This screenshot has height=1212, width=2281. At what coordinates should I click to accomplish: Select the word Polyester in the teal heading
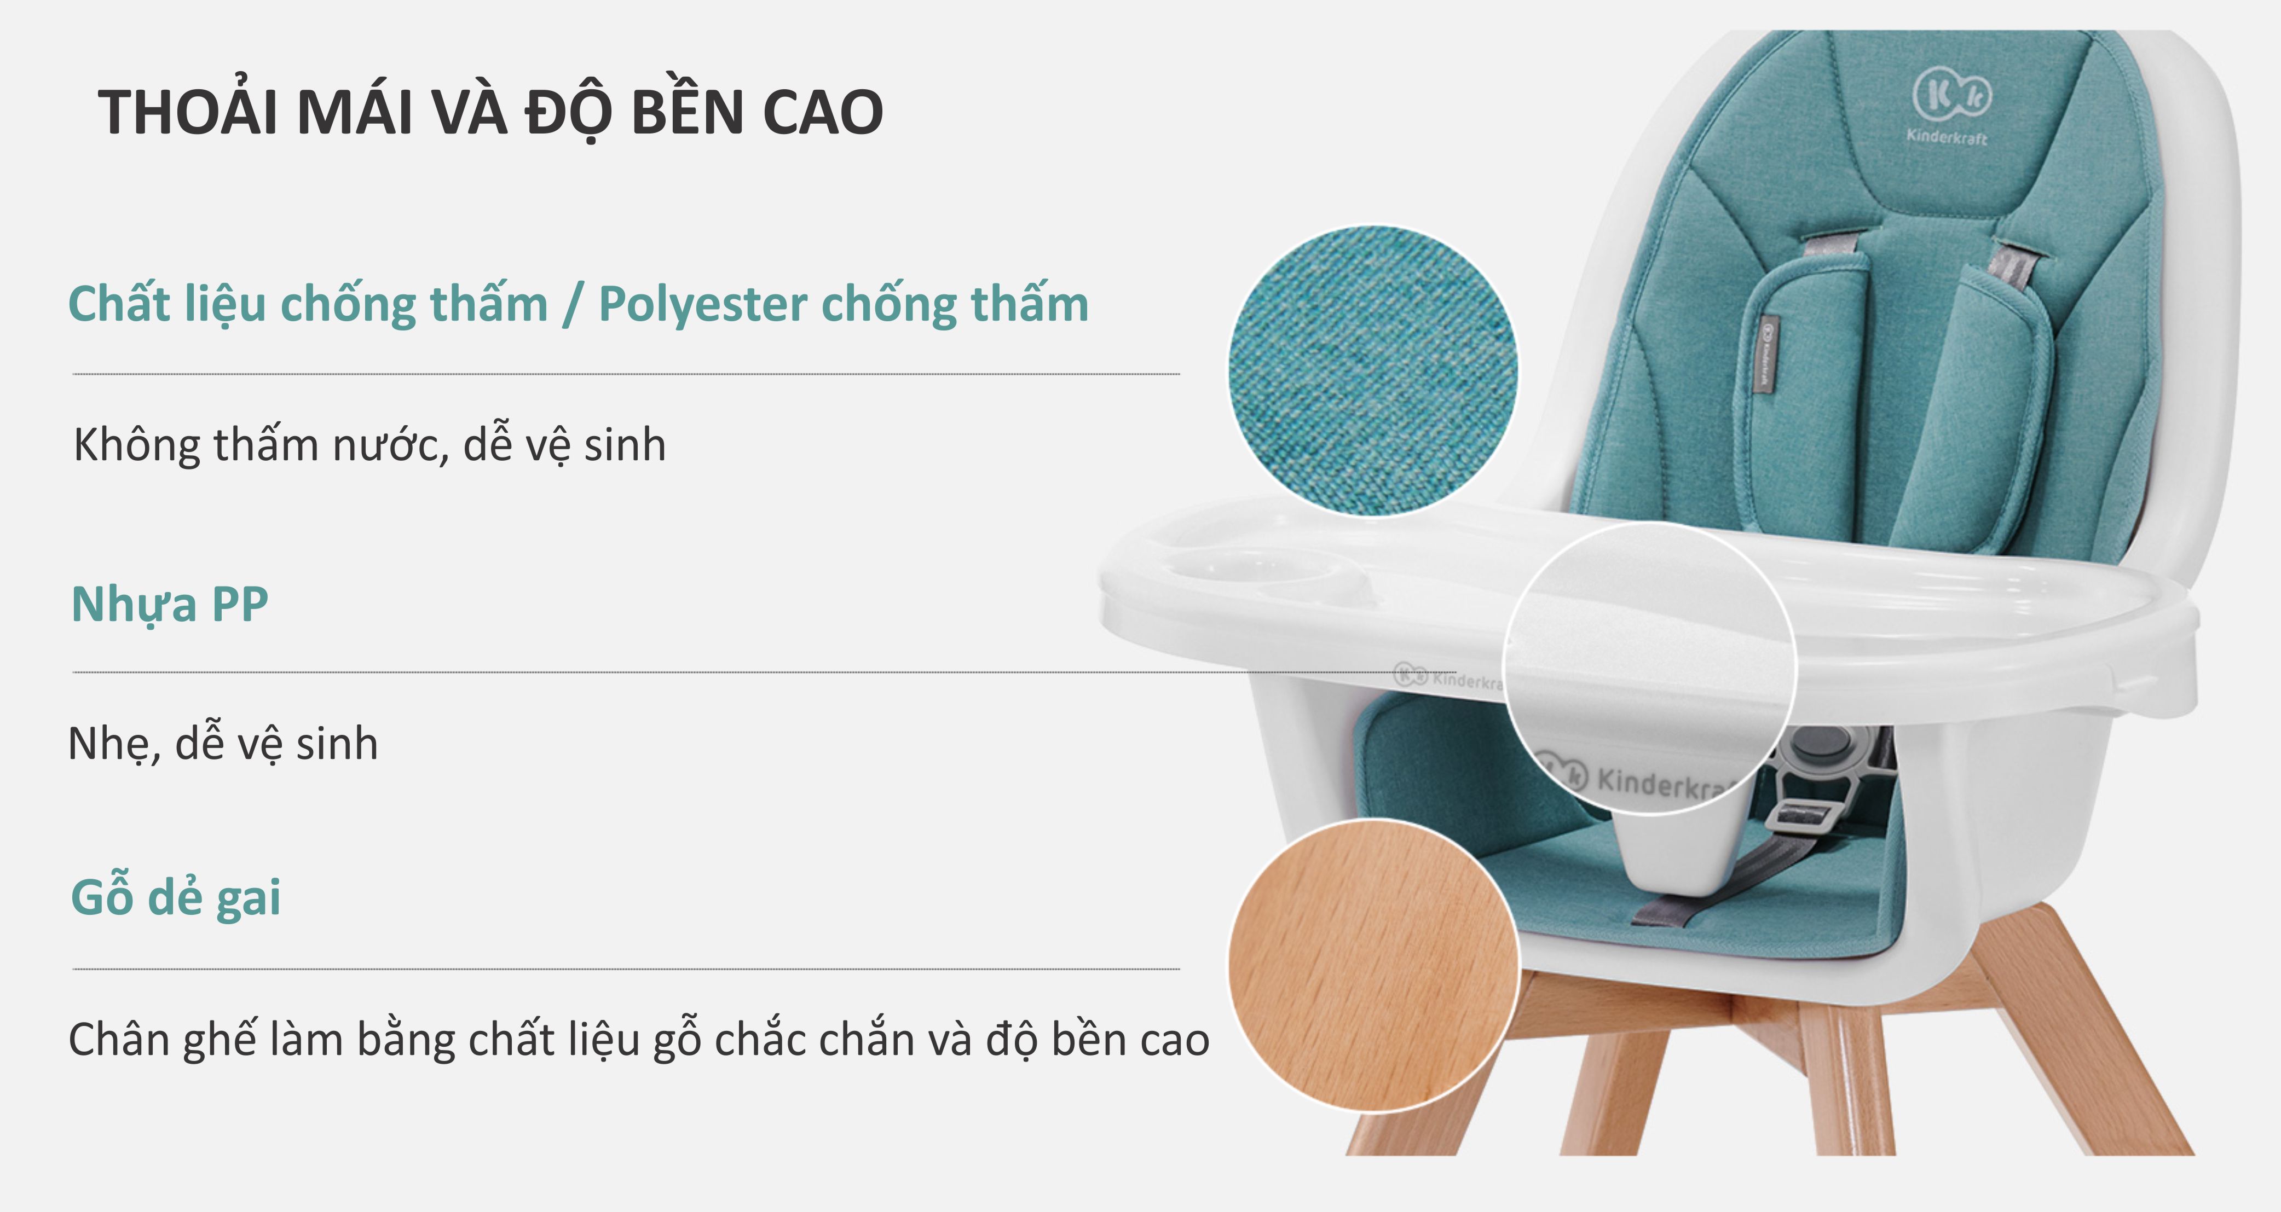(x=703, y=305)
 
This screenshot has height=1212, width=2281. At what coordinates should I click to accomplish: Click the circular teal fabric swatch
(x=1372, y=370)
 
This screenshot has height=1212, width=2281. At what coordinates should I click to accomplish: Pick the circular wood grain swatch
(x=1372, y=965)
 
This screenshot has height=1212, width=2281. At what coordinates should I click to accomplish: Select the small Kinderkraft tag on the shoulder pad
(x=1765, y=354)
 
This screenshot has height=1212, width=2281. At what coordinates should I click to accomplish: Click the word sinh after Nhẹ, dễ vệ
(x=337, y=744)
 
